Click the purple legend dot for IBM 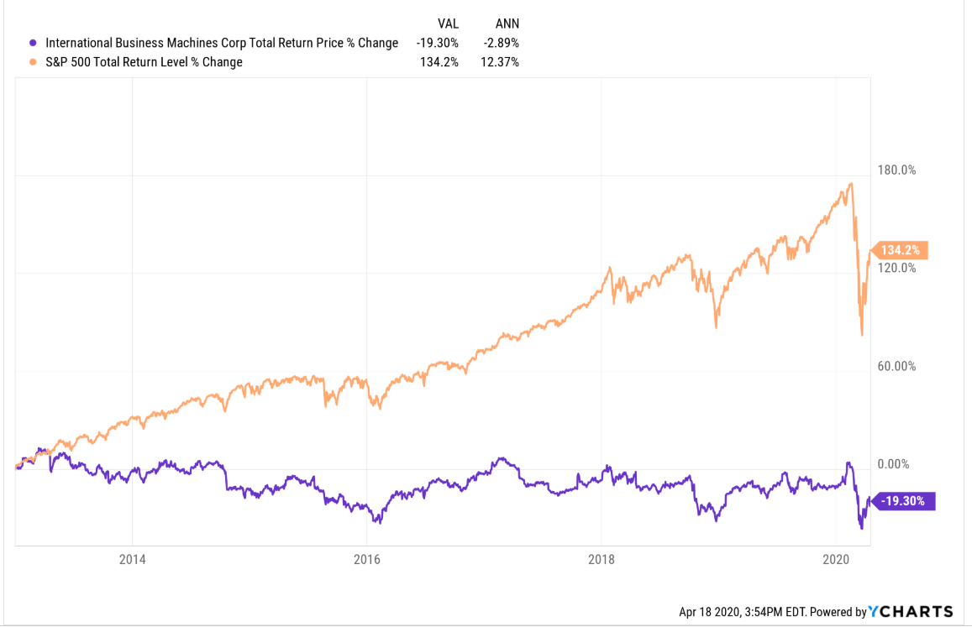(33, 43)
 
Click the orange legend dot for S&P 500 (33, 61)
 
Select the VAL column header (446, 24)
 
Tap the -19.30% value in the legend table (437, 43)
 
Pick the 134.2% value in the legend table (439, 61)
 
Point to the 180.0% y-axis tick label (896, 170)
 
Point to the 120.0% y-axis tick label (896, 268)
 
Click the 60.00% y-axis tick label (896, 366)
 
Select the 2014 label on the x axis (132, 560)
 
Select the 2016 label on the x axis (367, 560)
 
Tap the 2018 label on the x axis (602, 560)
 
